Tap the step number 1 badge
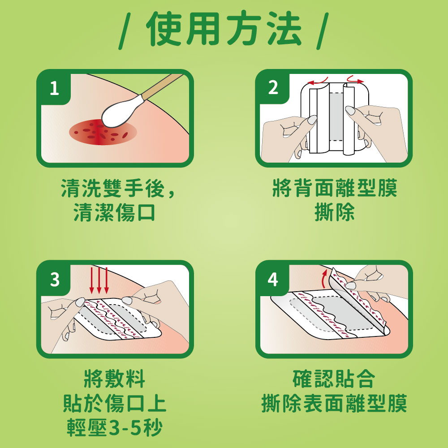point(54,89)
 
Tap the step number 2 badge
point(273,88)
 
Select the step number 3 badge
point(55,280)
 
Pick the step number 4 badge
point(273,280)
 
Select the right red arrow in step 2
point(354,80)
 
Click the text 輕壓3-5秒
point(115,428)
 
